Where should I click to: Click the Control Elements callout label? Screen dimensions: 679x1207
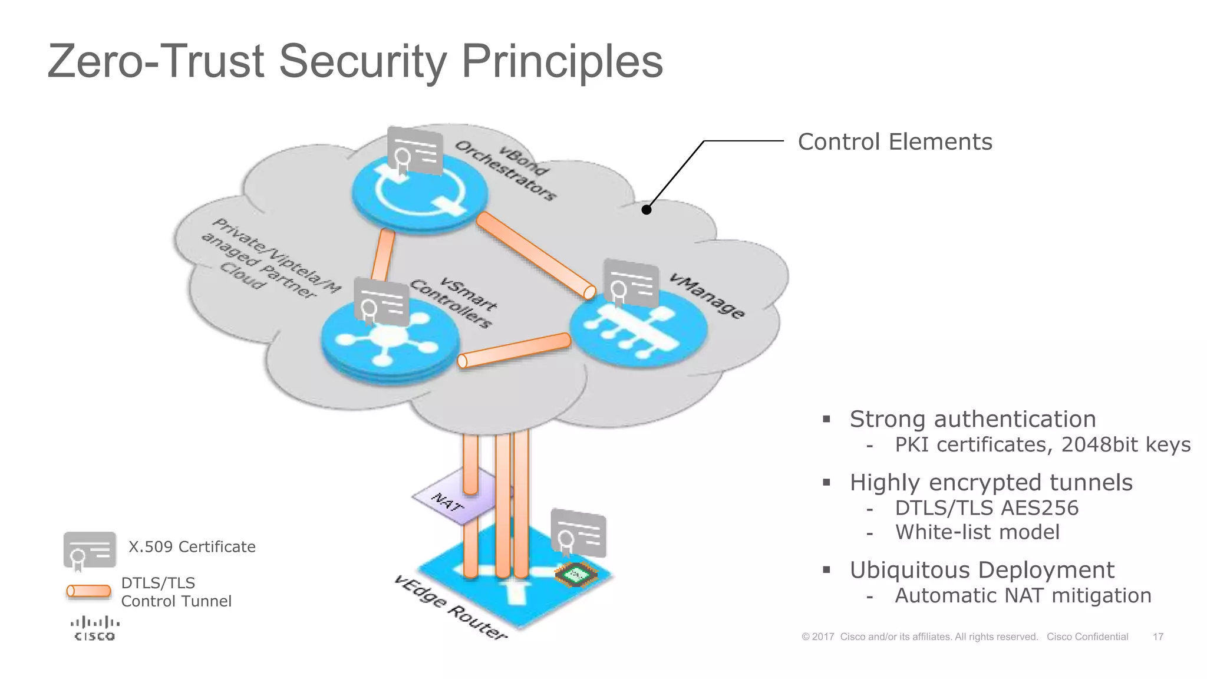click(895, 142)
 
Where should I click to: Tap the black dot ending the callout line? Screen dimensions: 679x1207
click(647, 209)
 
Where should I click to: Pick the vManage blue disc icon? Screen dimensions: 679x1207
click(638, 330)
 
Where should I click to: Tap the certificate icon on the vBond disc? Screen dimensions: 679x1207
click(415, 150)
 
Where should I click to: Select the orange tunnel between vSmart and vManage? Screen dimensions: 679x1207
click(515, 351)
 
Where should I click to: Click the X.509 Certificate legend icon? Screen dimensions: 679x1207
click(90, 550)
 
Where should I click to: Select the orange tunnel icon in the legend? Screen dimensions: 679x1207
click(88, 591)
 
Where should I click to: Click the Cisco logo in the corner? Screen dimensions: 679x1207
click(94, 628)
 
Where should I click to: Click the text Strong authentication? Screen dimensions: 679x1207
click(972, 419)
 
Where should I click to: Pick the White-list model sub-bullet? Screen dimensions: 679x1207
click(977, 532)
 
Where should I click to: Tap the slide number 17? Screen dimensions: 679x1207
click(1157, 637)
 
